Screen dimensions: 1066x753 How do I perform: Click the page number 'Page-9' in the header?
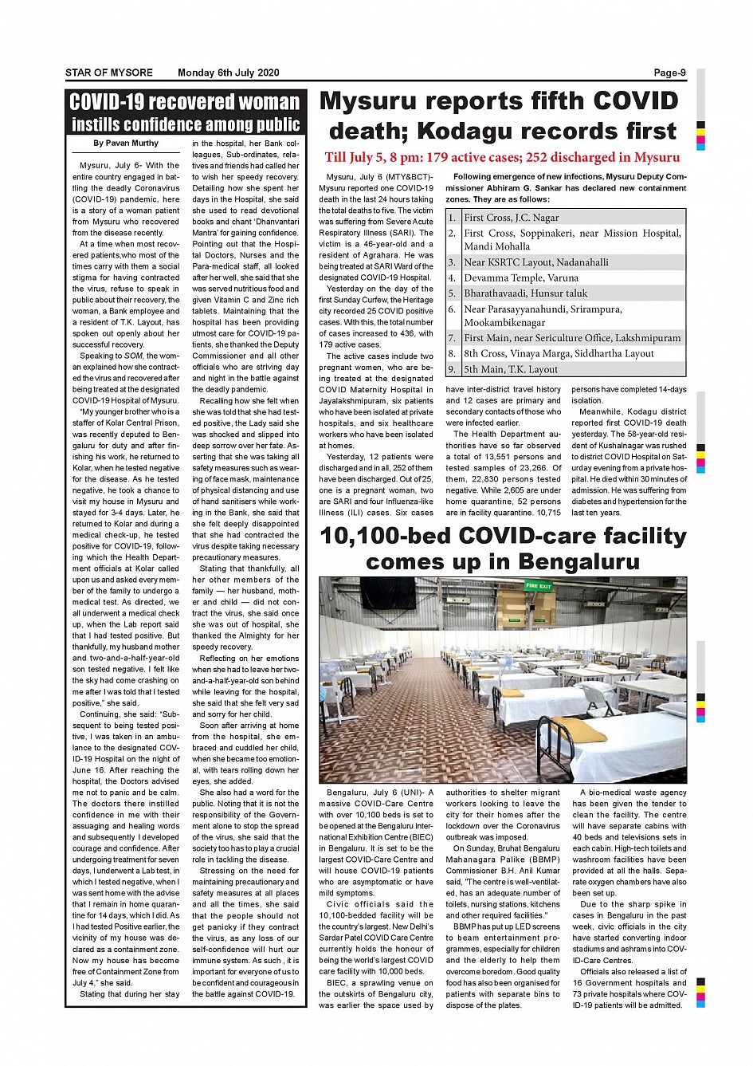tap(669, 73)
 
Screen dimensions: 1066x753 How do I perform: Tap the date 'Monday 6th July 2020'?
tap(229, 73)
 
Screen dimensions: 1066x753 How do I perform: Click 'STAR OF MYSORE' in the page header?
tap(109, 73)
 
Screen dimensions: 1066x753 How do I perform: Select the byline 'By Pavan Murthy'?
tap(126, 144)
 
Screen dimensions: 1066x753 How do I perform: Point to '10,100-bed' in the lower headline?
tap(386, 536)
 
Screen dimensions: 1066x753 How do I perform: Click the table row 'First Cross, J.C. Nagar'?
tap(512, 218)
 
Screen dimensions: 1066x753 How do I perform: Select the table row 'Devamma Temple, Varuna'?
tap(521, 278)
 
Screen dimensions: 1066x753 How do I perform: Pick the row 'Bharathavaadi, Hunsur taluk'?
tap(526, 293)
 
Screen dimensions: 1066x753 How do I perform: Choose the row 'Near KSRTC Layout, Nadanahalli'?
tap(536, 262)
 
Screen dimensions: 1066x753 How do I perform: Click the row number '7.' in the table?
tap(452, 338)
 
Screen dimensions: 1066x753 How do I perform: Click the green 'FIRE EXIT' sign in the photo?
tap(539, 586)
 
